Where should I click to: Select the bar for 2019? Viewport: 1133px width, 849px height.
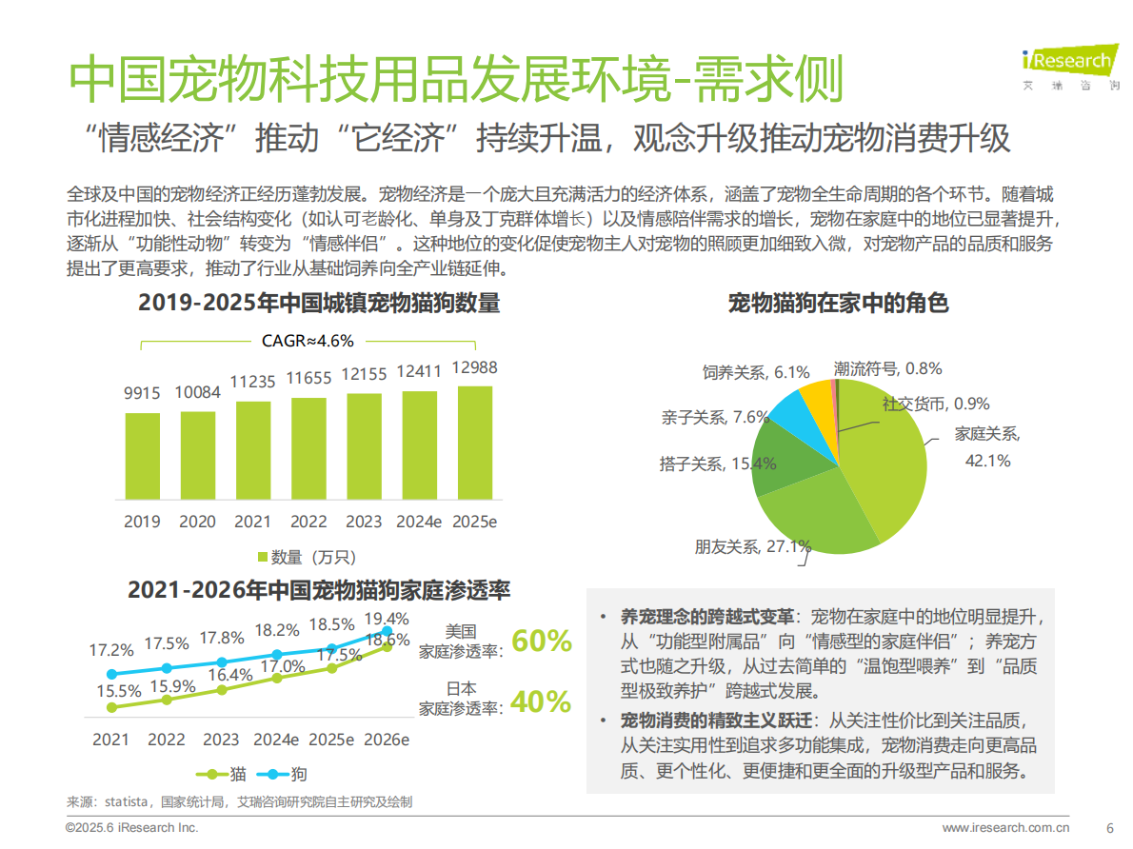coord(143,456)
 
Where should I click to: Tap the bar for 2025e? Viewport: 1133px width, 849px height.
coord(474,443)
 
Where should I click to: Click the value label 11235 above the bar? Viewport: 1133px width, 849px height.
coord(253,382)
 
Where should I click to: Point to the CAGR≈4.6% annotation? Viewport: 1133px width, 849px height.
coord(308,341)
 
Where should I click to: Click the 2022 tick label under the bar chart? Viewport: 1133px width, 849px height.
coord(308,522)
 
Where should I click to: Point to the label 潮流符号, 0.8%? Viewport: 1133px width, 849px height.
coord(887,367)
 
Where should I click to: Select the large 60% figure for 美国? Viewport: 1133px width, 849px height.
coord(541,641)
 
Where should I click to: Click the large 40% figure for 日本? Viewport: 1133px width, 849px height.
coord(541,701)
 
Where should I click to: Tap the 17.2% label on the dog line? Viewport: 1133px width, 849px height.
coord(111,651)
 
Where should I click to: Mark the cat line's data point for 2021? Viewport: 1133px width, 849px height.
coord(111,707)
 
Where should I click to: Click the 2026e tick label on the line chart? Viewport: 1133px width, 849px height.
coord(387,740)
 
